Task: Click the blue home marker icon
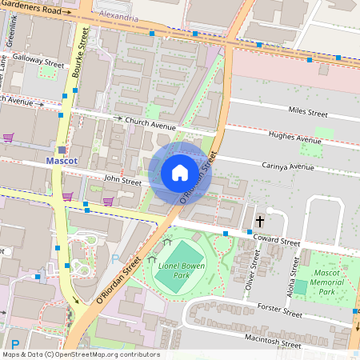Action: (x=180, y=173)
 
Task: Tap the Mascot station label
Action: (x=62, y=161)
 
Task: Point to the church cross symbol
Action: (x=259, y=220)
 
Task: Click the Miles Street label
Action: (x=308, y=114)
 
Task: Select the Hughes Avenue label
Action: (x=295, y=138)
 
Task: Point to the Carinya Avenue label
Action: (x=287, y=166)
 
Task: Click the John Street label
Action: (x=122, y=182)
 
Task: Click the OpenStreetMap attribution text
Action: (x=81, y=354)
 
